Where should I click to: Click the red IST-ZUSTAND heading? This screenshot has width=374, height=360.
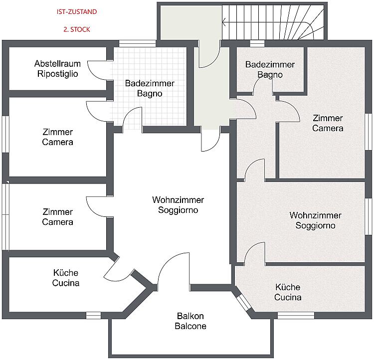pos(77,12)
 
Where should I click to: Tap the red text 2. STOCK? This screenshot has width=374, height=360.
pos(77,29)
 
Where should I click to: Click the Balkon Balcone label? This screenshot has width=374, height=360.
pos(190,321)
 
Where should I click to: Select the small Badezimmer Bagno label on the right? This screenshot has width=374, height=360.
pos(270,70)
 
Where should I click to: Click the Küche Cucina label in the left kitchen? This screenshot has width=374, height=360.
pos(66,278)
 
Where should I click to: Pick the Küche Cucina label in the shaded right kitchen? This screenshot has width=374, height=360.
pos(288,292)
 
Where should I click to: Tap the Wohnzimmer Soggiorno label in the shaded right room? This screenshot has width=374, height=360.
pos(315,220)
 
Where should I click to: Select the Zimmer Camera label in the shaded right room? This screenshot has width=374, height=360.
pos(328,123)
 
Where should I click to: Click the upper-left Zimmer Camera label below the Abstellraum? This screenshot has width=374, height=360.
pos(57,137)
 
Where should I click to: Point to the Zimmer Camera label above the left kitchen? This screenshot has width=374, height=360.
pos(57,217)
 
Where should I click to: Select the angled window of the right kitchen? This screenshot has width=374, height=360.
pos(243,302)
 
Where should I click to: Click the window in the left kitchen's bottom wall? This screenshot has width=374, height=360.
pos(93,315)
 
